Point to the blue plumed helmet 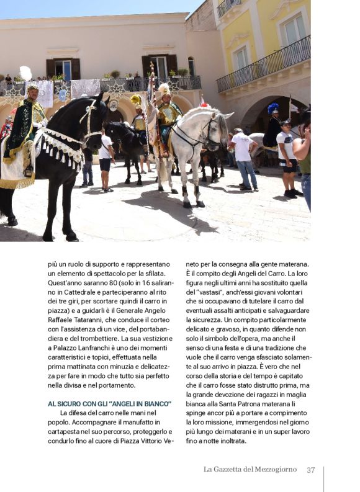(273, 109)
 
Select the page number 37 (311, 470)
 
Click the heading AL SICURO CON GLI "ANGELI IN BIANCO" (109, 403)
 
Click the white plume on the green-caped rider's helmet (25, 74)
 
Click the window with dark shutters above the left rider (63, 68)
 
